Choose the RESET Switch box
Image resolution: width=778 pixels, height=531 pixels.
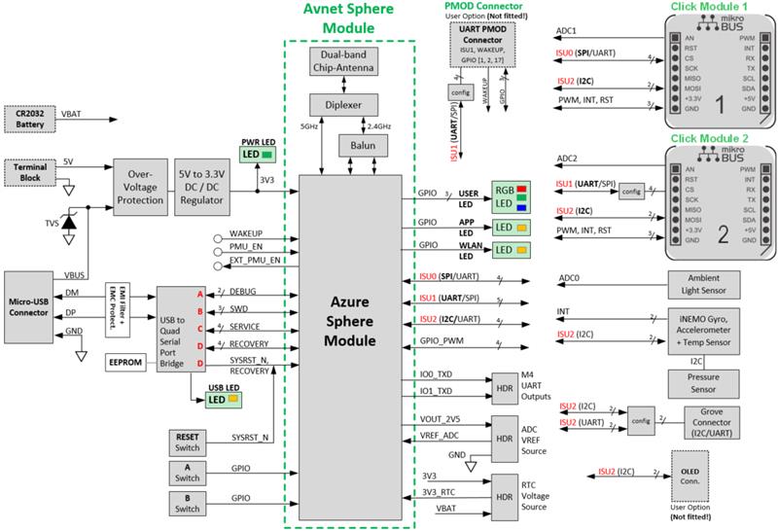[x=188, y=441]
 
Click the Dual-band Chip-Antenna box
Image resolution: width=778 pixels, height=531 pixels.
[x=349, y=66]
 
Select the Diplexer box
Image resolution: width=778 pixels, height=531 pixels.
[x=349, y=104]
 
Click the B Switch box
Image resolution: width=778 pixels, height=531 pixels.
[x=188, y=503]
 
